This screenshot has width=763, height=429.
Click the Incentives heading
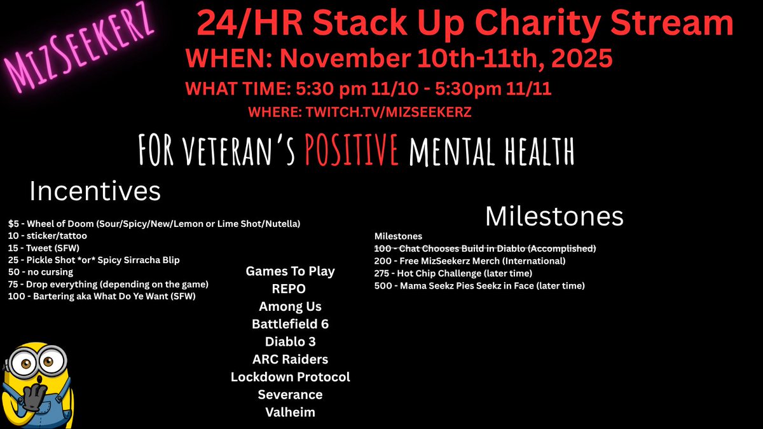coord(95,191)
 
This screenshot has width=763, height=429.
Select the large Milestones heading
coord(554,216)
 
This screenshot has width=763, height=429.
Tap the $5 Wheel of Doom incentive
coord(155,224)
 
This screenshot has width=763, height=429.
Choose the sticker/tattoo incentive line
coord(48,236)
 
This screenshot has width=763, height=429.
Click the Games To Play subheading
coord(290,271)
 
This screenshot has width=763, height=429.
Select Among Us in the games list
coord(290,306)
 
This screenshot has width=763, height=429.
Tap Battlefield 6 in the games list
coord(290,323)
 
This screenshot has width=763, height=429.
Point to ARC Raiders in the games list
coord(290,359)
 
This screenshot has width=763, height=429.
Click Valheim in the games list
coord(290,412)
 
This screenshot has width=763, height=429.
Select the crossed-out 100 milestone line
coord(485,249)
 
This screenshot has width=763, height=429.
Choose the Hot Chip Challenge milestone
coord(453,273)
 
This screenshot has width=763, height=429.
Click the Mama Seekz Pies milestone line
coord(479,286)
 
